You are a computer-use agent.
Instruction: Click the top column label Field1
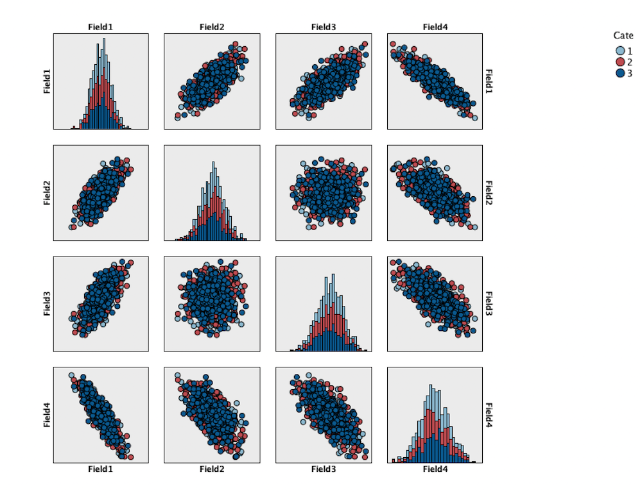pyautogui.click(x=101, y=27)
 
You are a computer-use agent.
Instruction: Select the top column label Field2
pyautogui.click(x=212, y=27)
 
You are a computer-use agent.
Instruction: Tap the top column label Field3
pyautogui.click(x=324, y=27)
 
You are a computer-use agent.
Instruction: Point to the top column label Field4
pyautogui.click(x=435, y=27)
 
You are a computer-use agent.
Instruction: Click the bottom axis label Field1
pyautogui.click(x=101, y=469)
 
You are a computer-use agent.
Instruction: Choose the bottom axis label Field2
pyautogui.click(x=212, y=469)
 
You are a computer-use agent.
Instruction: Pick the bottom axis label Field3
pyautogui.click(x=324, y=469)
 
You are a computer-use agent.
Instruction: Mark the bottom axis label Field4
pyautogui.click(x=435, y=469)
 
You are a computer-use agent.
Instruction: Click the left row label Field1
pyautogui.click(x=47, y=81)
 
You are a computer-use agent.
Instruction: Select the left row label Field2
pyautogui.click(x=47, y=192)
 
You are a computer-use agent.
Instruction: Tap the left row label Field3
pyautogui.click(x=47, y=304)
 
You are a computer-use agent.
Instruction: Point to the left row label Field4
pyautogui.click(x=47, y=415)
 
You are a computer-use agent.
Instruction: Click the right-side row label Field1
pyautogui.click(x=489, y=81)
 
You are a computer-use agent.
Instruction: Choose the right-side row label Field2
pyautogui.click(x=489, y=192)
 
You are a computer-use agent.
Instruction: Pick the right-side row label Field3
pyautogui.click(x=489, y=304)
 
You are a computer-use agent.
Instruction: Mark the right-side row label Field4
pyautogui.click(x=489, y=415)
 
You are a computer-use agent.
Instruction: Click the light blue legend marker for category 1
pyautogui.click(x=620, y=50)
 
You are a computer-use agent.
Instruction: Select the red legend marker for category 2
pyautogui.click(x=620, y=62)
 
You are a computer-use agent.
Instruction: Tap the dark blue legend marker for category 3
pyautogui.click(x=620, y=73)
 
